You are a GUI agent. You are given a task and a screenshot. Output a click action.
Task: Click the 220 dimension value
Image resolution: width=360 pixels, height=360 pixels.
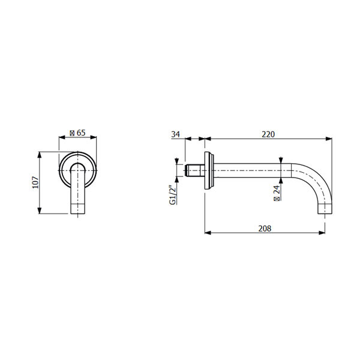[x=268, y=134]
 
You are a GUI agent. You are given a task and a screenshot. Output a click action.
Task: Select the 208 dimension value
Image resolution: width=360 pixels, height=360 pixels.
[x=265, y=229]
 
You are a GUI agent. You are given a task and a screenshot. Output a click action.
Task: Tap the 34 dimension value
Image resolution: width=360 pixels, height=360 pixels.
[x=175, y=134]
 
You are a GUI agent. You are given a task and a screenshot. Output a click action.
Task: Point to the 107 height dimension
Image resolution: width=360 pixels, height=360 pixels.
[x=35, y=182]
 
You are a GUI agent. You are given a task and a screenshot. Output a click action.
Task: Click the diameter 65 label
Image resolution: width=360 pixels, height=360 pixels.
[x=77, y=133]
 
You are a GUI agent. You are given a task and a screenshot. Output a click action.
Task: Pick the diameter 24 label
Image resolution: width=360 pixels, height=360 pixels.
[x=277, y=193]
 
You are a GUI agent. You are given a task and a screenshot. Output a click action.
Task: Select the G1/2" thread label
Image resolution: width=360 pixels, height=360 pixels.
[x=173, y=194]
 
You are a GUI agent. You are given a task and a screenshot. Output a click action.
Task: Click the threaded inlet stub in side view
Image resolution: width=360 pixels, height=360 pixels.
[x=195, y=170]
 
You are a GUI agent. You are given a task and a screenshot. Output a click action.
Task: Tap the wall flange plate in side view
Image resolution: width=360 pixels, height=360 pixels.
[x=209, y=170]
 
